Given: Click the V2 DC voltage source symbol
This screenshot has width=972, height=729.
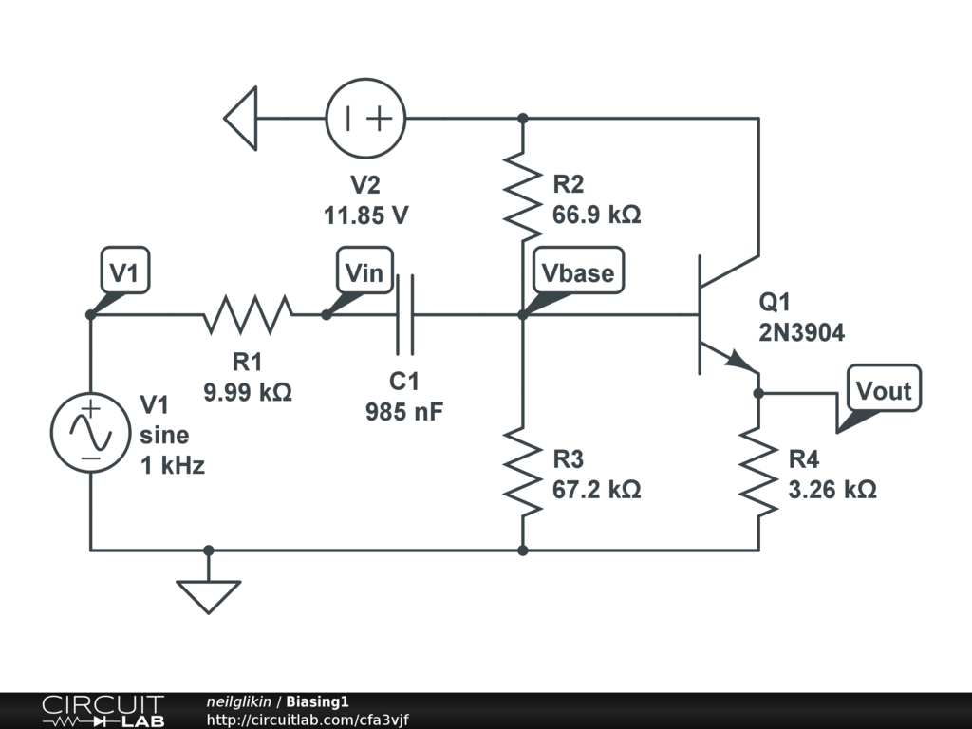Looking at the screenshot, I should click(365, 119).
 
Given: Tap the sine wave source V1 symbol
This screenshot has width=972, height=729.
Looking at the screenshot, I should click(90, 432).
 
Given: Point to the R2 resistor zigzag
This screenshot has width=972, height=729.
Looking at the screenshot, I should click(522, 196).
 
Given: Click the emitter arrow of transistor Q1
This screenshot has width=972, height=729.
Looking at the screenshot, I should click(741, 362).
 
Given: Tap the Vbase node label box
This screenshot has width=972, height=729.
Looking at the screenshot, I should click(577, 273).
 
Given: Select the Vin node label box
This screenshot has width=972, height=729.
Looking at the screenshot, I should click(364, 273).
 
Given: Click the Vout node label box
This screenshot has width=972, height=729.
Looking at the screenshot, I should click(883, 389).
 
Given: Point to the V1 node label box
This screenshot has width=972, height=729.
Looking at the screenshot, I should click(124, 273).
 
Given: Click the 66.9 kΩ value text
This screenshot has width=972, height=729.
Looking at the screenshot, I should click(596, 215).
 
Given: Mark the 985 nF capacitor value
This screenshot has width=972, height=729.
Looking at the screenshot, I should click(404, 412).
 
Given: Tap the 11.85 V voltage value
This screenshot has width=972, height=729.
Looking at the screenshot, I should click(366, 215).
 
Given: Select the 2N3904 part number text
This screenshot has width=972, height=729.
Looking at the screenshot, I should click(801, 332).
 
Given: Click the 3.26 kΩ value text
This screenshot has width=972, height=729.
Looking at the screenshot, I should click(832, 490).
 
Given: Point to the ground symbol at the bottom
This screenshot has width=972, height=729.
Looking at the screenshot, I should click(209, 592).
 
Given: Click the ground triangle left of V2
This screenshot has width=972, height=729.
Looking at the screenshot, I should click(241, 119).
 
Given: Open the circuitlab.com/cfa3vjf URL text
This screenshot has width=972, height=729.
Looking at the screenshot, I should click(308, 720).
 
